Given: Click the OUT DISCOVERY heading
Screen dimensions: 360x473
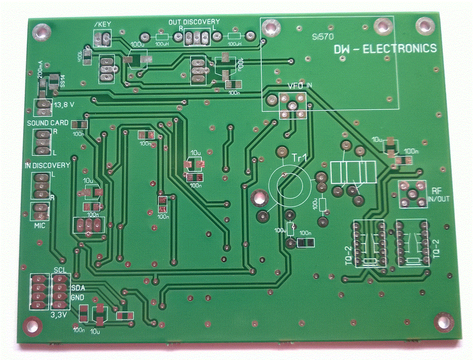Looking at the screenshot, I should [x=194, y=22].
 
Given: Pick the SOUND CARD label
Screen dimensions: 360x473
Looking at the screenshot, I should [x=47, y=123].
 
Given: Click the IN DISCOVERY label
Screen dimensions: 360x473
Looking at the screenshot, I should [x=47, y=165].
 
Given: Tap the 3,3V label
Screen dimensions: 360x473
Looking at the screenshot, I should [x=59, y=315].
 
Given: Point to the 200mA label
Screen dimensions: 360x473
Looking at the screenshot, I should [x=40, y=70].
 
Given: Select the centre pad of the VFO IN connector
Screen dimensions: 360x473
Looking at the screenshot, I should [x=292, y=105].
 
